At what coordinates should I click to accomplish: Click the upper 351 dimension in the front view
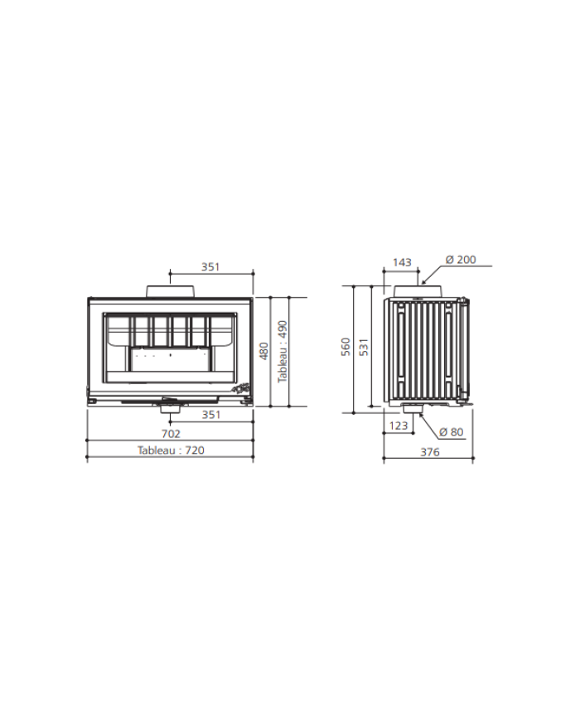[x=210, y=266]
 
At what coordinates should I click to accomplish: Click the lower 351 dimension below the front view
[x=211, y=415]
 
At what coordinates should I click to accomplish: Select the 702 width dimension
[x=171, y=434]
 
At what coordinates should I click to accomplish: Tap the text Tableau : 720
[x=171, y=451]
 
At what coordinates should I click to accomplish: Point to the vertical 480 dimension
[x=264, y=351]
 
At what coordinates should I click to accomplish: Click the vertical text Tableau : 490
[x=283, y=351]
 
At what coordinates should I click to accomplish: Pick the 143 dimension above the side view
[x=402, y=262]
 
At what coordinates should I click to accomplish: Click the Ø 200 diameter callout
[x=461, y=260]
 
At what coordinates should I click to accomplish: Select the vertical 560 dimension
[x=346, y=347]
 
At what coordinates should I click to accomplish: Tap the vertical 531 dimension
[x=364, y=347]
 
